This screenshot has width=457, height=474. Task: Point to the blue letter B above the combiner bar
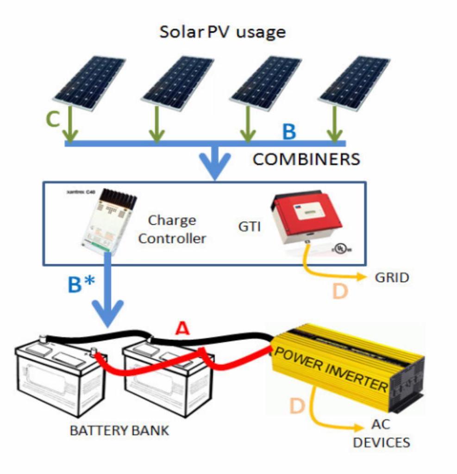pyautogui.click(x=289, y=132)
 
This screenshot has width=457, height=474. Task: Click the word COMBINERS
pyautogui.click(x=306, y=160)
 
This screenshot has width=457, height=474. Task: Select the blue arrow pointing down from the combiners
pyautogui.click(x=214, y=162)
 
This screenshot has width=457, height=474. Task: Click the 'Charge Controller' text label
pyautogui.click(x=172, y=229)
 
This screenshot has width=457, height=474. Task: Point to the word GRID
pyautogui.click(x=391, y=278)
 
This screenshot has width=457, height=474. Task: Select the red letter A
pyautogui.click(x=182, y=329)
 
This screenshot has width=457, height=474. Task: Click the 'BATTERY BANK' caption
pyautogui.click(x=119, y=430)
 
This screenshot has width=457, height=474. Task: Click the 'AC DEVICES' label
pyautogui.click(x=381, y=434)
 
